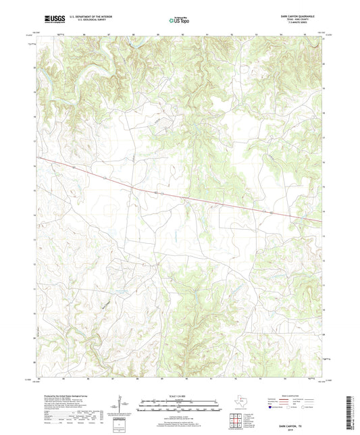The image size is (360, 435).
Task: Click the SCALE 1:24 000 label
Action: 180,395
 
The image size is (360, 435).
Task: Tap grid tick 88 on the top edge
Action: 134,33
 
